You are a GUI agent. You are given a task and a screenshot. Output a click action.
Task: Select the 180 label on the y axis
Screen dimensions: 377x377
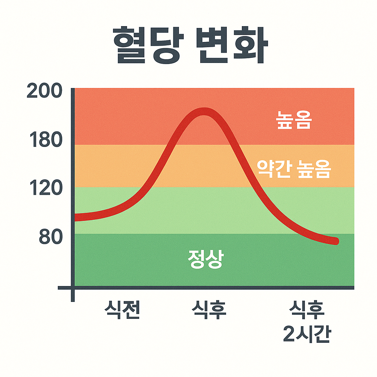[x=45, y=141]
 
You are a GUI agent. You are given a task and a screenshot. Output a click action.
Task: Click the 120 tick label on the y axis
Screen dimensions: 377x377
[x=45, y=188]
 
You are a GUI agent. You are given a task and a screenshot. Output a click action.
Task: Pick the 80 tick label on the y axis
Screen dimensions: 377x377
[x=50, y=238]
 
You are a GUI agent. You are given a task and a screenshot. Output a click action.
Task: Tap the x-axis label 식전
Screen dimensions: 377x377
[x=122, y=310]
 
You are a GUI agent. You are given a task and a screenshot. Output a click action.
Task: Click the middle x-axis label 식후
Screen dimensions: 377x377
[x=209, y=310]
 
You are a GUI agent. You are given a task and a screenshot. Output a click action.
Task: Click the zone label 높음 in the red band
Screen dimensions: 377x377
[x=294, y=121]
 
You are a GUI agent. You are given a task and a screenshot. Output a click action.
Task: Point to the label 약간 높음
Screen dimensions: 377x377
[x=294, y=170]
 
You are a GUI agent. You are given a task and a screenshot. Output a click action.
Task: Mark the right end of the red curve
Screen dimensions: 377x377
[x=336, y=242]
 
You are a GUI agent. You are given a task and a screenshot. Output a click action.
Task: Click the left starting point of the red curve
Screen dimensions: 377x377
[x=76, y=218]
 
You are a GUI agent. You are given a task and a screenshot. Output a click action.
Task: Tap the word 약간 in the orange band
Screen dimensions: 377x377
[x=272, y=170]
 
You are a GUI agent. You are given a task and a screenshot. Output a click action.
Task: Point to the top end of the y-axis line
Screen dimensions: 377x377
[x=73, y=89]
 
